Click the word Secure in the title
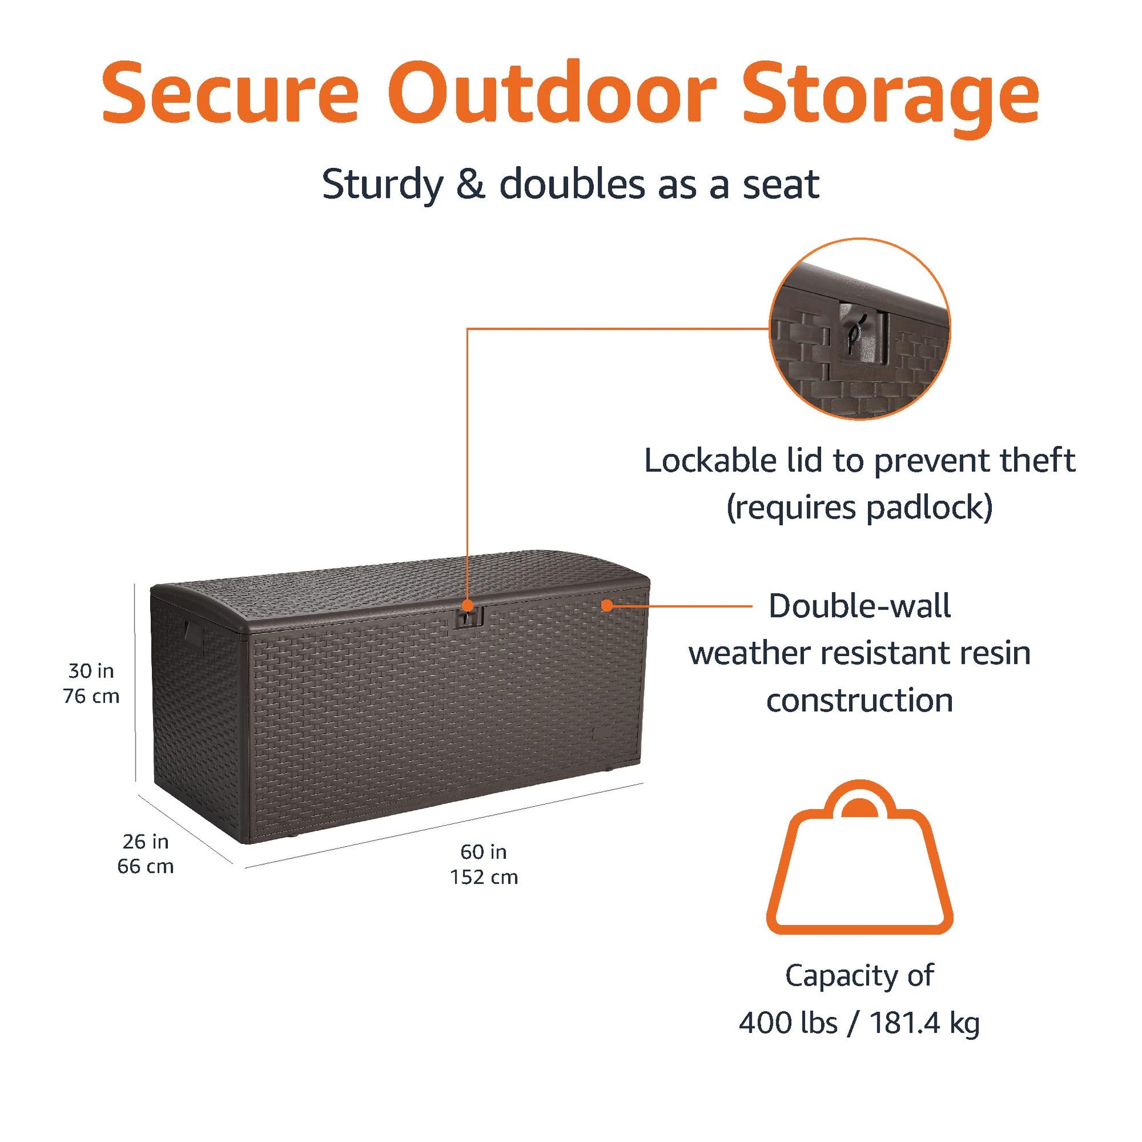[231, 93]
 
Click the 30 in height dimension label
[91, 671]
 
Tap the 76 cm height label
[91, 697]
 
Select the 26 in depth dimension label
[146, 841]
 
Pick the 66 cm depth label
[146, 867]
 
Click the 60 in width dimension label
[484, 852]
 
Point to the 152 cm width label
[484, 877]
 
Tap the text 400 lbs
[789, 1023]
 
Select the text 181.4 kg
[924, 1023]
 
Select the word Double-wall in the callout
[860, 606]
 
